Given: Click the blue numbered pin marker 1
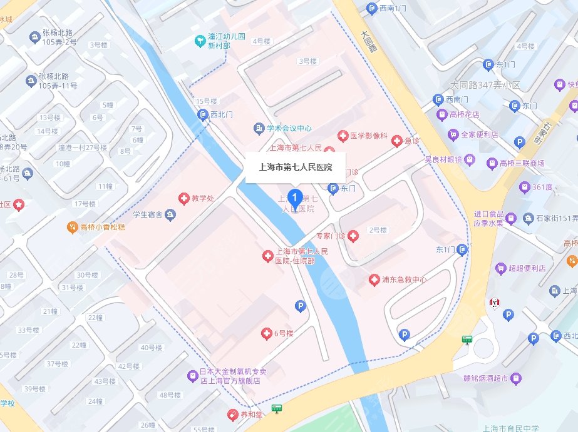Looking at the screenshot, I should coord(296,196).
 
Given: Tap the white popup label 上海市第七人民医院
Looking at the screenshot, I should coord(296,168).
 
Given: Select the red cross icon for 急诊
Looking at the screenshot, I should coord(396,141).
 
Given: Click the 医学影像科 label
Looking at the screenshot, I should coord(369,136).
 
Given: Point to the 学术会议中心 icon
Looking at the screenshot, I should coord(259,128).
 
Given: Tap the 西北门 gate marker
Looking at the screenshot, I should coord(203,114).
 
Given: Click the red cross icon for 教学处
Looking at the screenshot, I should coord(184,198).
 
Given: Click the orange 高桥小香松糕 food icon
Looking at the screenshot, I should coord(73,227).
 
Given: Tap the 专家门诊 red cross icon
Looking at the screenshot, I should coord(353,236).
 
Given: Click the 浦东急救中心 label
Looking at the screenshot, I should coord(404,279).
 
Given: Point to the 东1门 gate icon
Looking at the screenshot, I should coord(462,250).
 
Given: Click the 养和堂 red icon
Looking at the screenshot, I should coord(232,414).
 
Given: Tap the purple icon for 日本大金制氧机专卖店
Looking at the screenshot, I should coord(193,375).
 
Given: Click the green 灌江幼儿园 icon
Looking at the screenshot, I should coord(199,41).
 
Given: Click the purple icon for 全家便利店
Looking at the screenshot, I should coord(453,134).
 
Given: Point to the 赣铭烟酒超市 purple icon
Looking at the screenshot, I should coord(515,378).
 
